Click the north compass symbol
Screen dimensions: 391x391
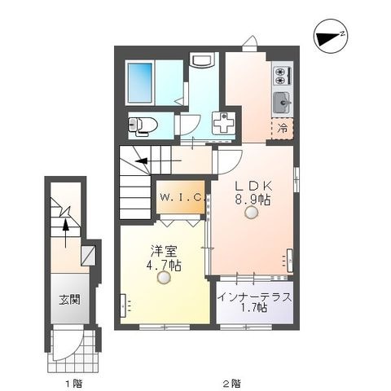(x=331, y=36)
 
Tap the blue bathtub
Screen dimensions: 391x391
(x=140, y=82)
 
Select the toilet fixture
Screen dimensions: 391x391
(x=143, y=125)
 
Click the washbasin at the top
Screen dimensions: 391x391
(x=204, y=60)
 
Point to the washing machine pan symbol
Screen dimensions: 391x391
(x=224, y=123)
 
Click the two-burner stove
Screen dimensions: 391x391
(x=283, y=75)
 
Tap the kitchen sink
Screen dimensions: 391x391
(x=283, y=103)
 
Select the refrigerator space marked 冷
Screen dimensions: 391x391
(x=283, y=129)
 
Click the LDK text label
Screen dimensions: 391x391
(x=253, y=187)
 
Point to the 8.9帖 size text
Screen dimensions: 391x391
(x=253, y=200)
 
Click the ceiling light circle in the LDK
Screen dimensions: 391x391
(x=251, y=213)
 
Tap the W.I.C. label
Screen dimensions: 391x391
(x=182, y=197)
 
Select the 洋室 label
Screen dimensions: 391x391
(x=164, y=252)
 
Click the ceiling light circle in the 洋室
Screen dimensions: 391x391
(x=164, y=278)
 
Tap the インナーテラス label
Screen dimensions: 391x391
(x=255, y=297)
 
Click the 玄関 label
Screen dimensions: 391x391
(x=70, y=301)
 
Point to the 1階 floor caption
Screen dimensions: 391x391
(x=73, y=384)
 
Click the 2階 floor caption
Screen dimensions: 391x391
(x=231, y=384)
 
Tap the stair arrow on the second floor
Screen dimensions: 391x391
(x=158, y=161)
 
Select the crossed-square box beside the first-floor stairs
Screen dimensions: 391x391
(x=88, y=256)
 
